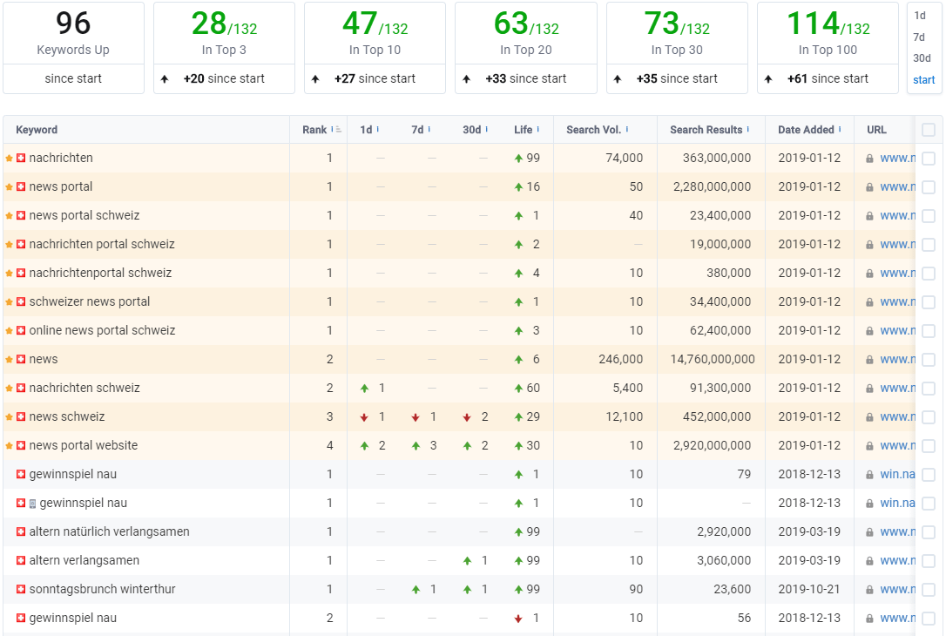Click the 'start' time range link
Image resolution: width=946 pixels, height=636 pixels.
[923, 79]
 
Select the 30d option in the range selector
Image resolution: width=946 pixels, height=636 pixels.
[922, 58]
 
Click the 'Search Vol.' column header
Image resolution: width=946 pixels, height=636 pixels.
[594, 130]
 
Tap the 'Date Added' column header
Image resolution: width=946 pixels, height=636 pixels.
[806, 130]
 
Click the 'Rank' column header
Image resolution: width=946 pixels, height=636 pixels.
[314, 130]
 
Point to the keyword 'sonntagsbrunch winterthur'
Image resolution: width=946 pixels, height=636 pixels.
[102, 589]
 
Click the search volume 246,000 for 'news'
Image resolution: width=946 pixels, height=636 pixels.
[620, 359]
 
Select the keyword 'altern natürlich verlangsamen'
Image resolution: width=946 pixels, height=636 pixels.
[109, 531]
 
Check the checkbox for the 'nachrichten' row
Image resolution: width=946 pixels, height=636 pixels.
[929, 158]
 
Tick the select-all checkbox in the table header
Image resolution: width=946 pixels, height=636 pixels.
[929, 130]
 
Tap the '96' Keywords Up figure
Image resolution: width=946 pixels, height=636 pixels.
[73, 24]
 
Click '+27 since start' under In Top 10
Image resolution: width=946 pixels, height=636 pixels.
[375, 78]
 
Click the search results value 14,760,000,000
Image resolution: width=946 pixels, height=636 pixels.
[713, 359]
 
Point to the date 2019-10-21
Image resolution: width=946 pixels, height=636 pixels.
[809, 589]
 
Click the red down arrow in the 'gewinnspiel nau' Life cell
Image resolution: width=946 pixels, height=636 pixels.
[518, 619]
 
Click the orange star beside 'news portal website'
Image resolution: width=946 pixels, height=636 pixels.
[9, 446]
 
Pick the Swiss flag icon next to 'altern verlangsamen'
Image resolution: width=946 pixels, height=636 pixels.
[21, 560]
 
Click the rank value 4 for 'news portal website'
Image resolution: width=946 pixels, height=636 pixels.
[329, 445]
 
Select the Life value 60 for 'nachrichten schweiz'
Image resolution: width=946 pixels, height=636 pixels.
[533, 388]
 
